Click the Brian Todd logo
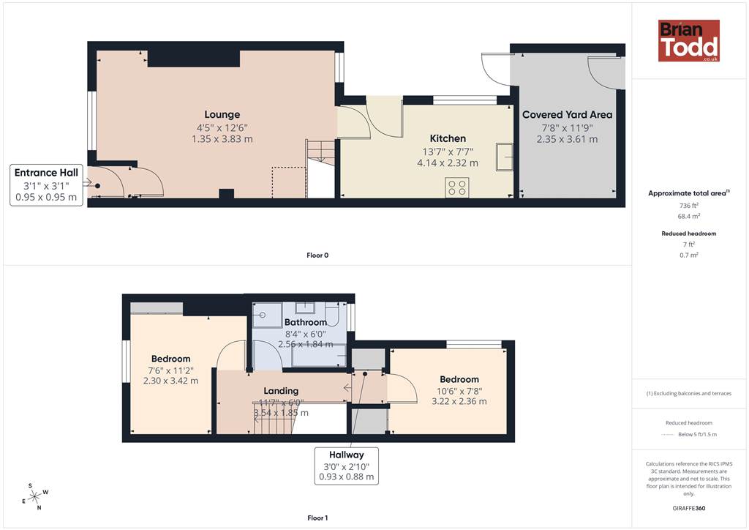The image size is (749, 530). [689, 40]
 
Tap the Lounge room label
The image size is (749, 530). [222, 115]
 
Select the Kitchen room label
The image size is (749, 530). [448, 138]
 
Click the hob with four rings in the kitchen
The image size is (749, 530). [457, 187]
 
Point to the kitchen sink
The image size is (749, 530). [505, 156]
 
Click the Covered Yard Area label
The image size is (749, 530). [567, 115]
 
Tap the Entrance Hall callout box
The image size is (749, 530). [46, 185]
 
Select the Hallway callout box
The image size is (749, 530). [346, 466]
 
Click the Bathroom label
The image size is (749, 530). [306, 322]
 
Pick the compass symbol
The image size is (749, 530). [35, 497]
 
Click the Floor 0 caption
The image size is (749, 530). [317, 255]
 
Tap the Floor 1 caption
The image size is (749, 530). [317, 518]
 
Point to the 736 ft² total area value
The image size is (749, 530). [689, 206]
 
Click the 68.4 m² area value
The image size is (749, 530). [689, 216]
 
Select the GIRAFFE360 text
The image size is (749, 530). [689, 508]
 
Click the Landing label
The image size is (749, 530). [281, 391]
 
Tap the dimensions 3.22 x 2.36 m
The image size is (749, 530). [459, 401]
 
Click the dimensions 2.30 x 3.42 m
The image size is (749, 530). [170, 381]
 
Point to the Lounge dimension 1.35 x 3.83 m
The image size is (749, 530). [222, 139]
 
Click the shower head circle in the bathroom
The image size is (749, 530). [263, 315]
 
